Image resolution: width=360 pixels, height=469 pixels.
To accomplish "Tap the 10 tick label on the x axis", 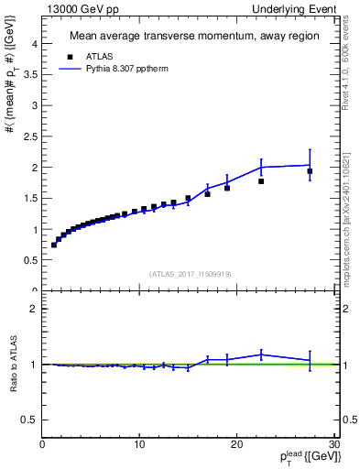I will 139,444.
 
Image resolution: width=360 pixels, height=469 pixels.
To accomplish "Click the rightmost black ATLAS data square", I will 310,171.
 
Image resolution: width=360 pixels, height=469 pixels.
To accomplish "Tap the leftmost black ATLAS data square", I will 54,245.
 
